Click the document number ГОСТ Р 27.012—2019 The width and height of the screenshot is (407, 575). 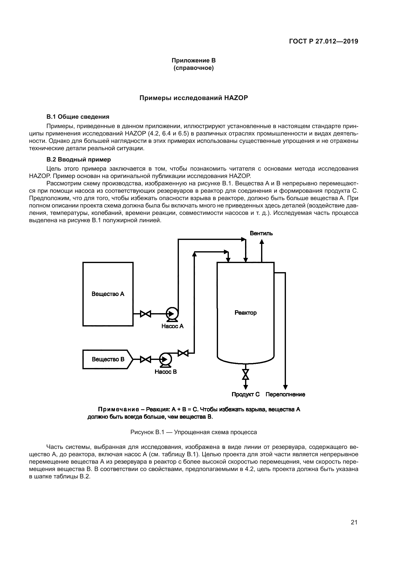click(324, 41)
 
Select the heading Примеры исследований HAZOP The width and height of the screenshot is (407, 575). click(193, 98)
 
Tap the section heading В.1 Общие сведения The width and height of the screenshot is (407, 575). click(78, 117)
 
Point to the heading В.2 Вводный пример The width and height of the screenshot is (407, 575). click(78, 160)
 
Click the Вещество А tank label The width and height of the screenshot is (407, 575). click(108, 294)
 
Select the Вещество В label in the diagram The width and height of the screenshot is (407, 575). click(108, 359)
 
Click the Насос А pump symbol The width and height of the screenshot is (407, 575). click(172, 314)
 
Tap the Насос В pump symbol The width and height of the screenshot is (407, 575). click(165, 359)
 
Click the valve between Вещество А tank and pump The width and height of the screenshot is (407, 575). click(145, 314)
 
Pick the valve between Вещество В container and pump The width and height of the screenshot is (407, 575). click(145, 359)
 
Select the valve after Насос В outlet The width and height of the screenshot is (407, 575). click(183, 353)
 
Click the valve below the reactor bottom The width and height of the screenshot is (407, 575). click(246, 374)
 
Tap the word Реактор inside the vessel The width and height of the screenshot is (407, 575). click(246, 313)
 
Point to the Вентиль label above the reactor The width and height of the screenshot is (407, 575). click(261, 233)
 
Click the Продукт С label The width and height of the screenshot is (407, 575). click(246, 394)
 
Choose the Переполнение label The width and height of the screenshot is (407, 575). click(285, 394)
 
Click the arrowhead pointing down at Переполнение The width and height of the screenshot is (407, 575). click(285, 387)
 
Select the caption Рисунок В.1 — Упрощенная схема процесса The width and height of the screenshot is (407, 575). click(193, 432)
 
